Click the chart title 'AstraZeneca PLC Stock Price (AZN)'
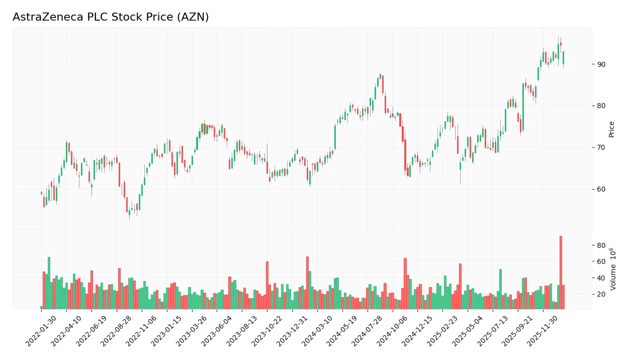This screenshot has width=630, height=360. (x=111, y=17)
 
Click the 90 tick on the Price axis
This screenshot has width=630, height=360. (x=601, y=64)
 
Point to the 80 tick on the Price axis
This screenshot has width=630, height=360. (x=601, y=106)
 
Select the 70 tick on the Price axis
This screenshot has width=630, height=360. (x=601, y=148)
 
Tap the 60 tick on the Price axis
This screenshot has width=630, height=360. (x=601, y=190)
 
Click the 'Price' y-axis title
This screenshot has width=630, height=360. (x=612, y=129)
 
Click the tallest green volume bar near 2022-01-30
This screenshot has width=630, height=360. (x=49, y=283)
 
